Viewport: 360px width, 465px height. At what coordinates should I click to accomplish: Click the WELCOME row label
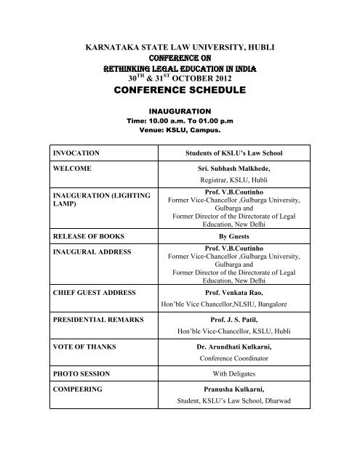coord(71,170)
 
